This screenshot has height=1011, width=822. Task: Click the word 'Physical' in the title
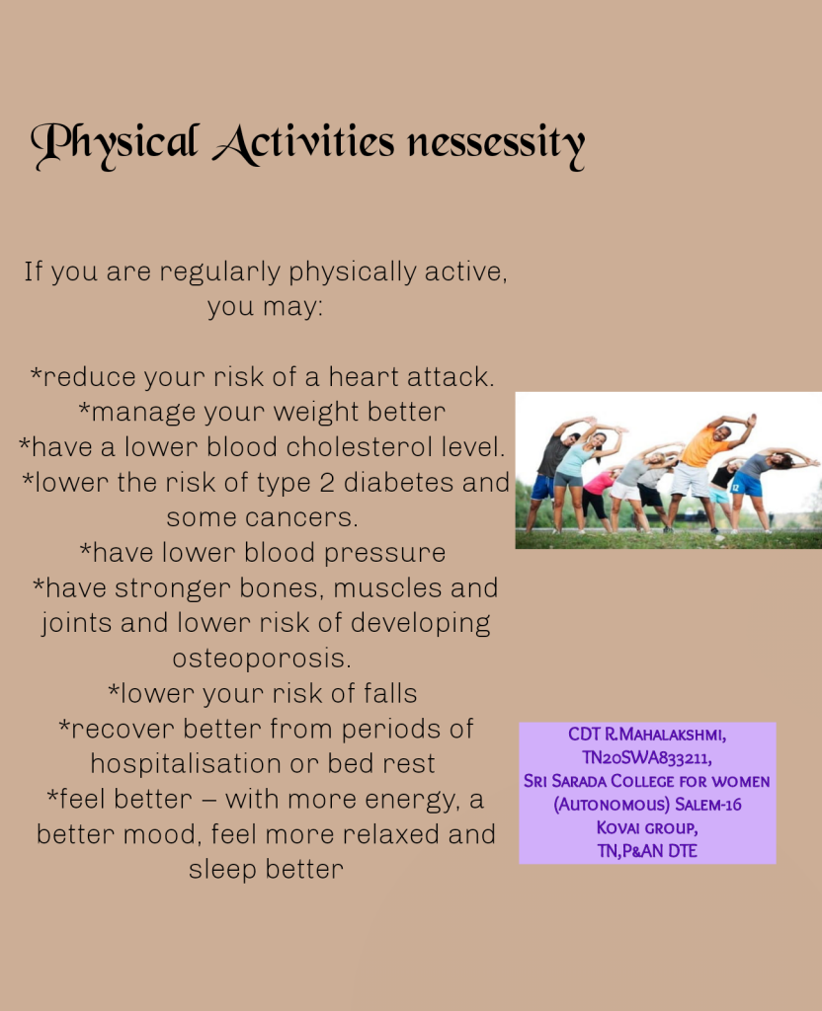(x=115, y=144)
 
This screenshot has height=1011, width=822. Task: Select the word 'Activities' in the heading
(x=303, y=143)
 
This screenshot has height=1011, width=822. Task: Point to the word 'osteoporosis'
(x=261, y=659)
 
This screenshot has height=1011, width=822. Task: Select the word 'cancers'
(x=292, y=517)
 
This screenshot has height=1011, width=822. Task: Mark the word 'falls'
(x=390, y=693)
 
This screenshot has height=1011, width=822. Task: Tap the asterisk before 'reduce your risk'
(x=37, y=372)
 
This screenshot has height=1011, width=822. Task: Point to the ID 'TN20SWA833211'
(x=647, y=757)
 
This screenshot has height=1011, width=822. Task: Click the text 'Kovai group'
(x=646, y=827)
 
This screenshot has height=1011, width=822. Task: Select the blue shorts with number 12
(x=747, y=483)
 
